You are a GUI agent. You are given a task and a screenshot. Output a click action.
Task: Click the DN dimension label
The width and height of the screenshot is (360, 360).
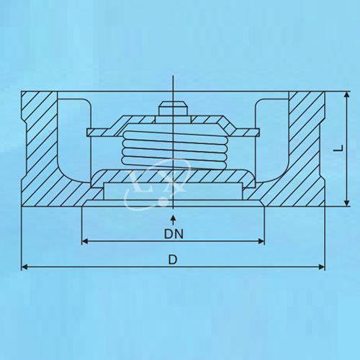(x=174, y=234)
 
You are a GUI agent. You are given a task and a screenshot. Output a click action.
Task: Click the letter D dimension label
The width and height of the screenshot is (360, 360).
(x=173, y=259)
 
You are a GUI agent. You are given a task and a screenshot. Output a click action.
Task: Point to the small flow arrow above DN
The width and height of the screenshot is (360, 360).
(x=174, y=220)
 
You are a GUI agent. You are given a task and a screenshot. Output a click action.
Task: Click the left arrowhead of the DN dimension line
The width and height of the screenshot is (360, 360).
(x=85, y=241)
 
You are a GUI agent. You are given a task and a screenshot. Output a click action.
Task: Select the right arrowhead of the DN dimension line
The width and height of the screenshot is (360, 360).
(x=261, y=241)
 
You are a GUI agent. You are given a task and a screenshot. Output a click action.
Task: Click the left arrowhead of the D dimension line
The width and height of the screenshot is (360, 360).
(x=24, y=266)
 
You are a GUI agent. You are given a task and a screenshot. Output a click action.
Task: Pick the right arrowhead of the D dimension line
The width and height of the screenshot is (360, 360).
(x=322, y=266)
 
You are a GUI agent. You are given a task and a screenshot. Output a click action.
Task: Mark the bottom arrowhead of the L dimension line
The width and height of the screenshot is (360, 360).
(x=346, y=203)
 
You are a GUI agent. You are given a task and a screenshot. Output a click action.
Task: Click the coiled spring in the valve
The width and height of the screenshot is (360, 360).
(x=174, y=149)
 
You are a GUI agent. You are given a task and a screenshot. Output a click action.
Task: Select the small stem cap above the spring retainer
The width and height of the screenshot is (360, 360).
(x=173, y=109)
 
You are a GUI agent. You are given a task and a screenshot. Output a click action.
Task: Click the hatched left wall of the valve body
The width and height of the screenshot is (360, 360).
(x=40, y=149)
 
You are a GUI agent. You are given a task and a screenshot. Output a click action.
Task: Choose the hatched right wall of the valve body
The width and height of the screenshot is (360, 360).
(x=307, y=149)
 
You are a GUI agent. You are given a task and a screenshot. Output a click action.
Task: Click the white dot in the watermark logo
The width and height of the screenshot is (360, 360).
(x=163, y=202)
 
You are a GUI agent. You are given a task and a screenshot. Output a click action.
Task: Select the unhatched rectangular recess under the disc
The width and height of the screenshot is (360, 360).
(x=173, y=191)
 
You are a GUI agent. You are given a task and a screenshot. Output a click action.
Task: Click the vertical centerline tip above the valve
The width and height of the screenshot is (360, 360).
(x=173, y=76)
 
